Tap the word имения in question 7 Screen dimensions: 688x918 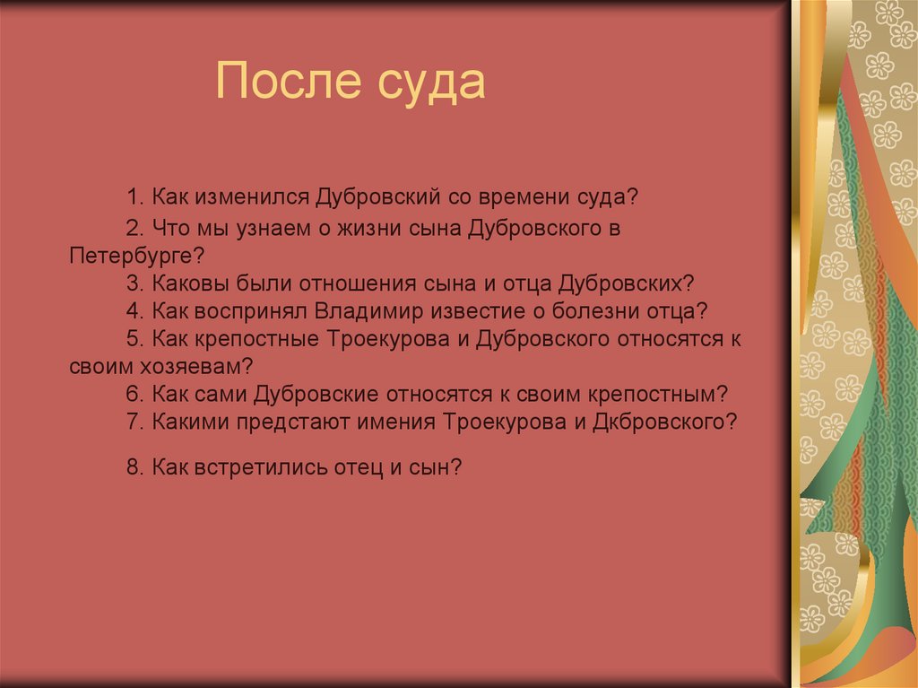pos(394,422)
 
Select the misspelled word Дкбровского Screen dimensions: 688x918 pos(659,422)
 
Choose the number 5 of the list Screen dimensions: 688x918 pos(134,338)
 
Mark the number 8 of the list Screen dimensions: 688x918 pos(134,466)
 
